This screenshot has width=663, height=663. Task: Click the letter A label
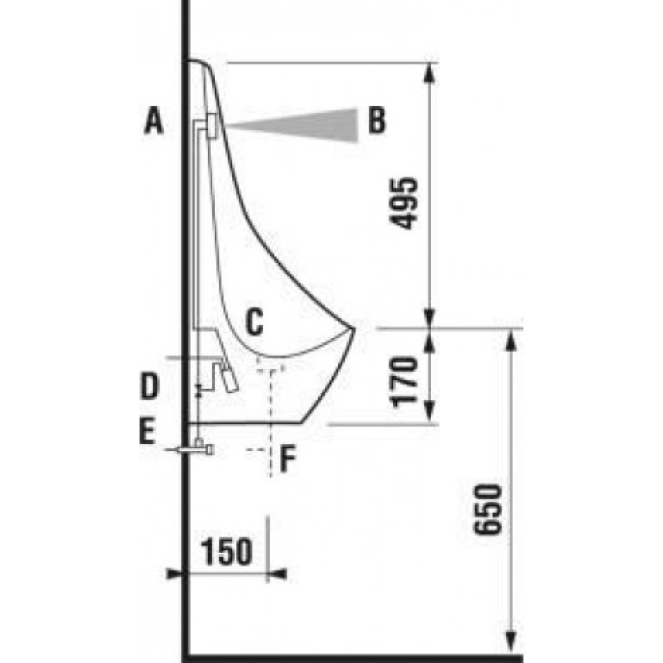154,121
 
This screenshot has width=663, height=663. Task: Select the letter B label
377,121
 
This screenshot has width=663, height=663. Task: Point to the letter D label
149,386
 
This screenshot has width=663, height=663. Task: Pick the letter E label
147,432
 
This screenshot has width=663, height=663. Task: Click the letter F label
288,459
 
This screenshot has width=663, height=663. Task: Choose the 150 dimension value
226,552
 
